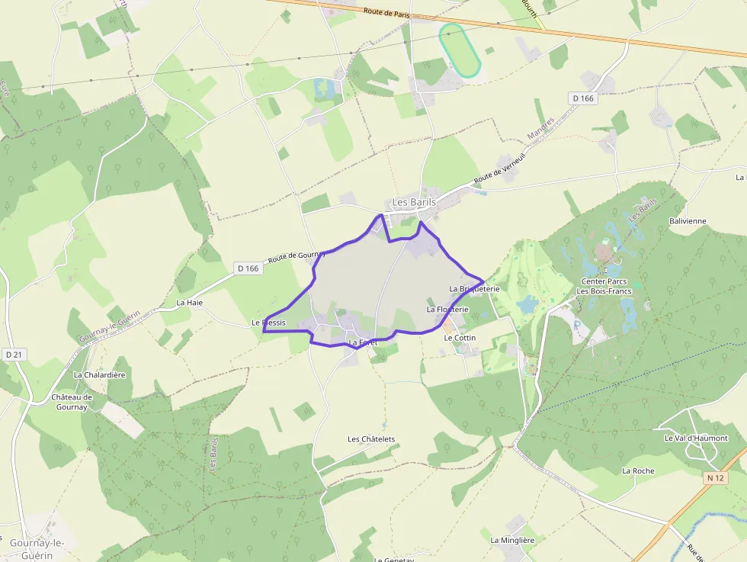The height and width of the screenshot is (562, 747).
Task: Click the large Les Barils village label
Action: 414,202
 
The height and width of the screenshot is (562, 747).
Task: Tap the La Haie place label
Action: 190,303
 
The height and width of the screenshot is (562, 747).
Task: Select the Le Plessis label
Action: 269,323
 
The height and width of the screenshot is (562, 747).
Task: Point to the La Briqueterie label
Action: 474,289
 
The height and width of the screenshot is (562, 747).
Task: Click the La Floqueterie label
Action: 447,310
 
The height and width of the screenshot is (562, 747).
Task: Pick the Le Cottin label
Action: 460,338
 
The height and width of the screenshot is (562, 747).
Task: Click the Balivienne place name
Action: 688,221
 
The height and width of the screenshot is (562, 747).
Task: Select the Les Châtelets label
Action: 371,439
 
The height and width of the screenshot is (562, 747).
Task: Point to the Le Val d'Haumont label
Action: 696,438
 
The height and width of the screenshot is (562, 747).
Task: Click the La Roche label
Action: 638,471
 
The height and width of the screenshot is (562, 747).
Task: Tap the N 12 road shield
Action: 715,477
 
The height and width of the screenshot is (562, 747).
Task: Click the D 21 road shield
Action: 14,355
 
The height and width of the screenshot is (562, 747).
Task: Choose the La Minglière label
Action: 512,541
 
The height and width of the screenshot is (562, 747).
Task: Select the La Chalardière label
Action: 99,375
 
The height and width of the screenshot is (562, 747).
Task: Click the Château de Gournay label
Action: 72,402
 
